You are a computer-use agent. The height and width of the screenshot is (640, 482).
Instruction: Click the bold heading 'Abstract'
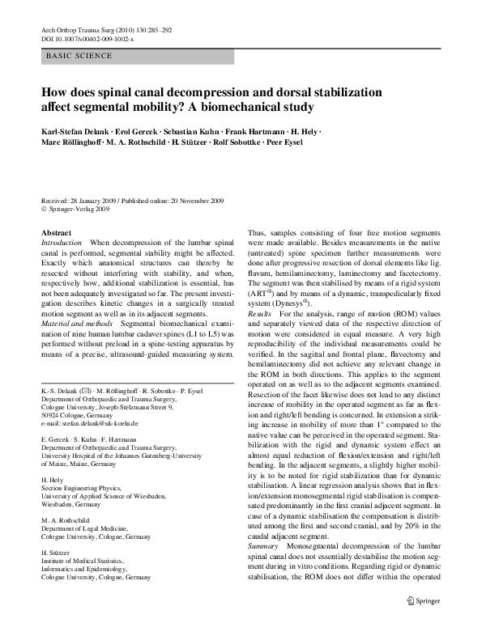point(56,233)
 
